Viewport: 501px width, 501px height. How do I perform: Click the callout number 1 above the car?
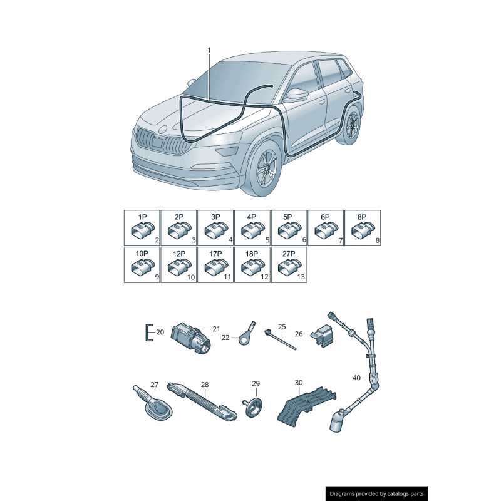click(x=209, y=49)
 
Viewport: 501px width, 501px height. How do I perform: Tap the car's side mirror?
click(x=296, y=95)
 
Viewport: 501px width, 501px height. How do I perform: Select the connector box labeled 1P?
click(x=142, y=228)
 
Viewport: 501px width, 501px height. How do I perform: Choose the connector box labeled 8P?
click(x=362, y=228)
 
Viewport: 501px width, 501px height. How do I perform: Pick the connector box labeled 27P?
click(x=289, y=264)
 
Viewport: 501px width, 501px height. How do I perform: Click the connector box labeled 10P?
click(x=142, y=264)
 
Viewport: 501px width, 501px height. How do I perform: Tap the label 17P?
click(x=215, y=254)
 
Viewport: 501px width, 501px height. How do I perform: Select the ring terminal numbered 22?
click(x=244, y=334)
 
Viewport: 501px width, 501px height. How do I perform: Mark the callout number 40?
click(x=356, y=378)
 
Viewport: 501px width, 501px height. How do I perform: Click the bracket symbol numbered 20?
click(x=148, y=333)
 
